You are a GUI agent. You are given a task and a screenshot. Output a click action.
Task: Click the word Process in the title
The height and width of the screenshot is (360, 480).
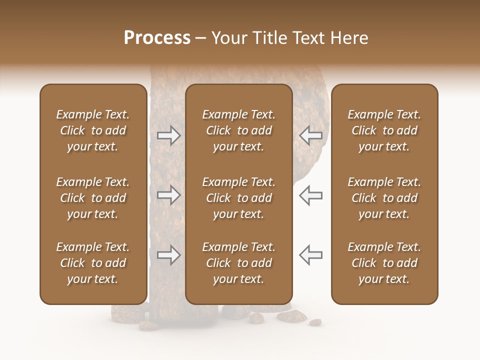click(157, 38)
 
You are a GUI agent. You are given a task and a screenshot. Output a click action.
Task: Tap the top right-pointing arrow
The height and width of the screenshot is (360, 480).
click(169, 135)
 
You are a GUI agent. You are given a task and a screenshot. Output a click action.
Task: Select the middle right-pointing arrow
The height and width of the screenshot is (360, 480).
click(169, 195)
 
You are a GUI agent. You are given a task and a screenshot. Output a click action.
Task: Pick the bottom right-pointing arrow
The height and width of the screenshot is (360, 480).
click(169, 255)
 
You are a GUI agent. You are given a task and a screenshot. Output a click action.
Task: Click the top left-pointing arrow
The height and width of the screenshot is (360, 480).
click(311, 135)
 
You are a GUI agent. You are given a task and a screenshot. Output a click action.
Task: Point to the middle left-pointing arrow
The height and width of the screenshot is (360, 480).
click(311, 195)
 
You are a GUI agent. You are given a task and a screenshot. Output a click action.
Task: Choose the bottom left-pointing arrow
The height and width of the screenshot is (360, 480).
click(311, 255)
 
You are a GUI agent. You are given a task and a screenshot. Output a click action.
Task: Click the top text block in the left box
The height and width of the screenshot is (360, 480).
click(93, 130)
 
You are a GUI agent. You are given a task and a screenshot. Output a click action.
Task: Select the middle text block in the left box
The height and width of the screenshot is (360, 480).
click(93, 198)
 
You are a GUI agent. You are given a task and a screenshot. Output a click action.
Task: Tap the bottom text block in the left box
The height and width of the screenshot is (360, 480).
click(93, 263)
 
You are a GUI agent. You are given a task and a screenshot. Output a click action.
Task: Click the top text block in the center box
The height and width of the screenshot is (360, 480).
click(238, 130)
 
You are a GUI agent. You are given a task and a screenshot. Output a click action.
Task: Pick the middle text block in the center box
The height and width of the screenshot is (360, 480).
click(238, 198)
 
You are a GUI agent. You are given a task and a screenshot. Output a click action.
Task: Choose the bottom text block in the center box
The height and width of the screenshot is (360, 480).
click(238, 263)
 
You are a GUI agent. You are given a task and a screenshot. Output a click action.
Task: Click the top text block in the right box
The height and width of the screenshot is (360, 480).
click(384, 130)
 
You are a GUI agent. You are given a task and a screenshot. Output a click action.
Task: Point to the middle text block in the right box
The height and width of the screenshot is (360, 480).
click(384, 198)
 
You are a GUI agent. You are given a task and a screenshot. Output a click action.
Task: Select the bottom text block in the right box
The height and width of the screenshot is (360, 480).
click(384, 263)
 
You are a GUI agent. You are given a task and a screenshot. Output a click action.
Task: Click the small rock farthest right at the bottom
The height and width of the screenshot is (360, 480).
click(315, 322)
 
